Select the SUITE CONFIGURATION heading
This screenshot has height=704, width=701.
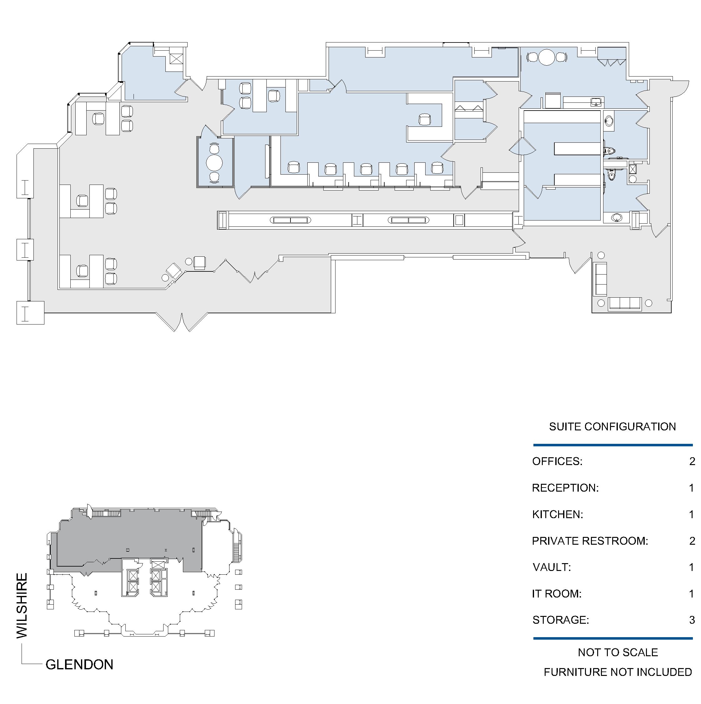click(613, 427)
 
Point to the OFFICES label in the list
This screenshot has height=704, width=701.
click(557, 461)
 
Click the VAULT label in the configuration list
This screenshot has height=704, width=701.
click(552, 567)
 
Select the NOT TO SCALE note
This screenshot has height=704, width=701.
click(618, 652)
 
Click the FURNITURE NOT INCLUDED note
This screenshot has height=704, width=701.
click(618, 672)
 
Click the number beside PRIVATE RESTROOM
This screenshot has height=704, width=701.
click(692, 541)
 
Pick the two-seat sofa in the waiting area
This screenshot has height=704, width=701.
click(601, 279)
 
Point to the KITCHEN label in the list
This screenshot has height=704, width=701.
click(558, 514)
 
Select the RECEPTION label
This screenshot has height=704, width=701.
click(565, 488)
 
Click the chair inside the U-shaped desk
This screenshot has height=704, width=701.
click(425, 120)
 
